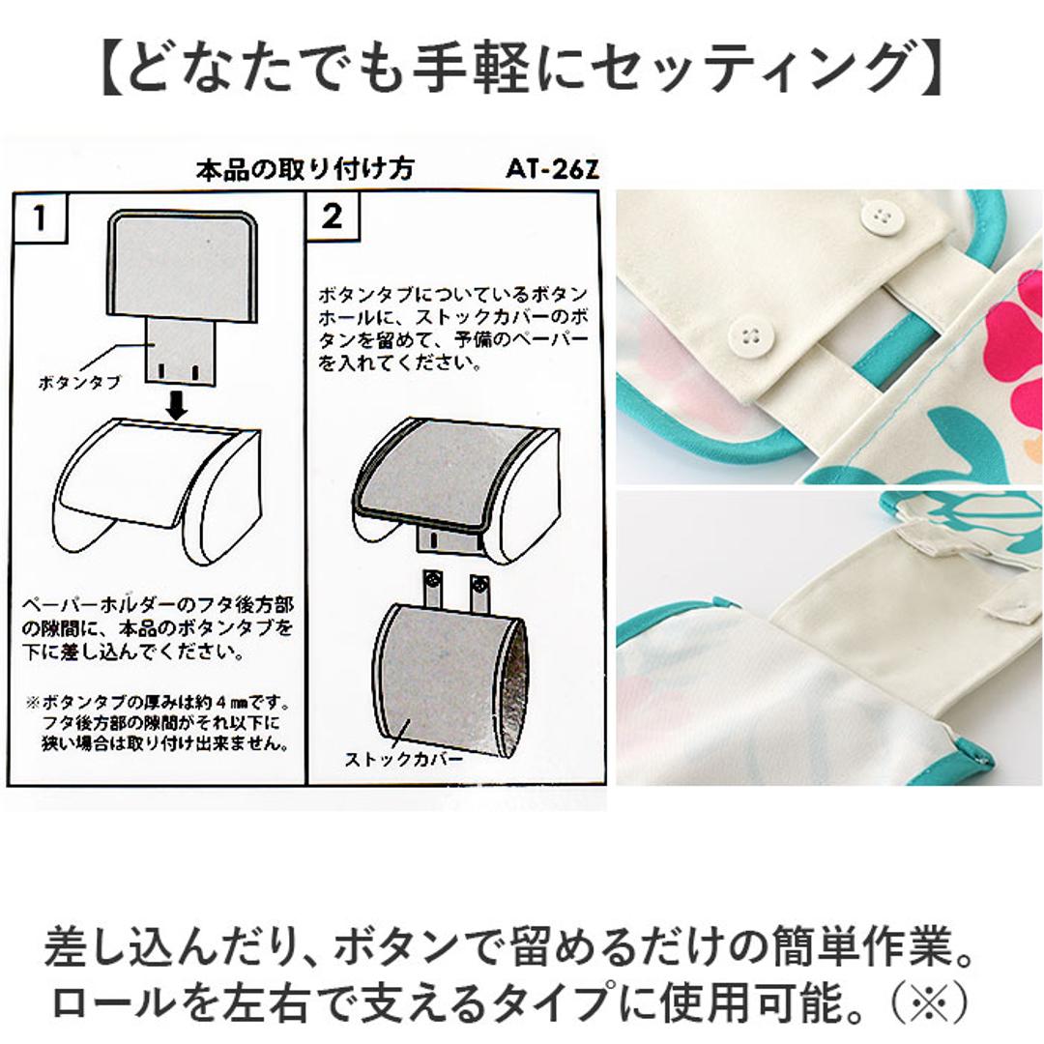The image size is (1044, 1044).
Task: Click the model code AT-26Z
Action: (552, 169)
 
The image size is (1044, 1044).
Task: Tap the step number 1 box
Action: (41, 217)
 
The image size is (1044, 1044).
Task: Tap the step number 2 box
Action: (333, 216)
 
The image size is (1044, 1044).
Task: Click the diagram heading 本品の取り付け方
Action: (304, 169)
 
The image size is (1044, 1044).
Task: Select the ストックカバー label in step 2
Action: (403, 759)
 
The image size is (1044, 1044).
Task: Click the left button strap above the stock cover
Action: (433, 590)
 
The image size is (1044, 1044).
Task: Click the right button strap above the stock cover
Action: (478, 592)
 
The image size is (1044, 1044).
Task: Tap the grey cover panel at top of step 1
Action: (183, 264)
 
